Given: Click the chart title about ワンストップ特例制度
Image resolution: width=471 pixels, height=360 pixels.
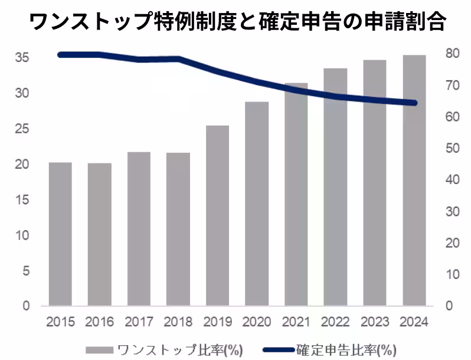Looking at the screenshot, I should pyautogui.click(x=236, y=22).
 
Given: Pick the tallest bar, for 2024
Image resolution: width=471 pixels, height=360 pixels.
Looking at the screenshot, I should pyautogui.click(x=414, y=180).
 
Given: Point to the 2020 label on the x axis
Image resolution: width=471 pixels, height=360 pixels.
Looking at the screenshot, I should pyautogui.click(x=257, y=322).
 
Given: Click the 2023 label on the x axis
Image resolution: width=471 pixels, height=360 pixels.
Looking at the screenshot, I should pyautogui.click(x=374, y=322).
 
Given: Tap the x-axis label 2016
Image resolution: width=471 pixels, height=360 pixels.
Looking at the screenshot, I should pyautogui.click(x=99, y=322).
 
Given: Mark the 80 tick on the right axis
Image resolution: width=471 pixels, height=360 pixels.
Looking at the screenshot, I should pyautogui.click(x=452, y=54).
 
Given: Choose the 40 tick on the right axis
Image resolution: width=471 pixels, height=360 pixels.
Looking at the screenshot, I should pyautogui.click(x=452, y=180).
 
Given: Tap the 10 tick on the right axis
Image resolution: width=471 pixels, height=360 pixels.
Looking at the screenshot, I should pyautogui.click(x=452, y=274).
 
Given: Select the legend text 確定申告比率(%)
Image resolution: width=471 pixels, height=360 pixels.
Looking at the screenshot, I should pyautogui.click(x=346, y=348).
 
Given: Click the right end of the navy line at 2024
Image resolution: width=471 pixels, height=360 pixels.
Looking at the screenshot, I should pyautogui.click(x=414, y=103).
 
